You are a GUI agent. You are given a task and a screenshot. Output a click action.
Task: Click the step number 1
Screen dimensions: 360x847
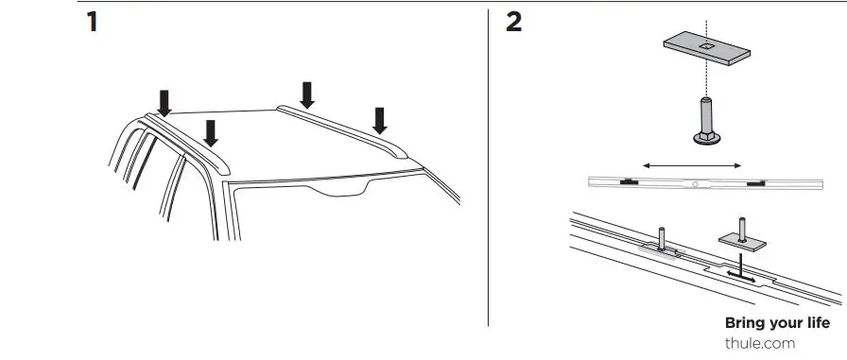[92, 24]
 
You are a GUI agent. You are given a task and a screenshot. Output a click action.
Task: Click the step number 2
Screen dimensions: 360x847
[514, 24]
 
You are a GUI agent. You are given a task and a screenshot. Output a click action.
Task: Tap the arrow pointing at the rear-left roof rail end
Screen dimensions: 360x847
[164, 99]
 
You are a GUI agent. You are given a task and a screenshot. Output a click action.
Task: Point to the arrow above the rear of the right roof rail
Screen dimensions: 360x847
[306, 93]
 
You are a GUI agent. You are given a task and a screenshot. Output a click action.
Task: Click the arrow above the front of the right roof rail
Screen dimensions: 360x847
[380, 119]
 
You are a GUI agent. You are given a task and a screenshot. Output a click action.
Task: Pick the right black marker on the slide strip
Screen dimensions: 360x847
[755, 182]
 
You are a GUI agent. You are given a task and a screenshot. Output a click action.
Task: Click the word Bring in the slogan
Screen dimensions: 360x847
[744, 323]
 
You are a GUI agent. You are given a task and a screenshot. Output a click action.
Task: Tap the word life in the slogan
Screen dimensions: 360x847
[819, 323]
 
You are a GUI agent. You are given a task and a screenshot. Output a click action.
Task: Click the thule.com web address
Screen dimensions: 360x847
[759, 343]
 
